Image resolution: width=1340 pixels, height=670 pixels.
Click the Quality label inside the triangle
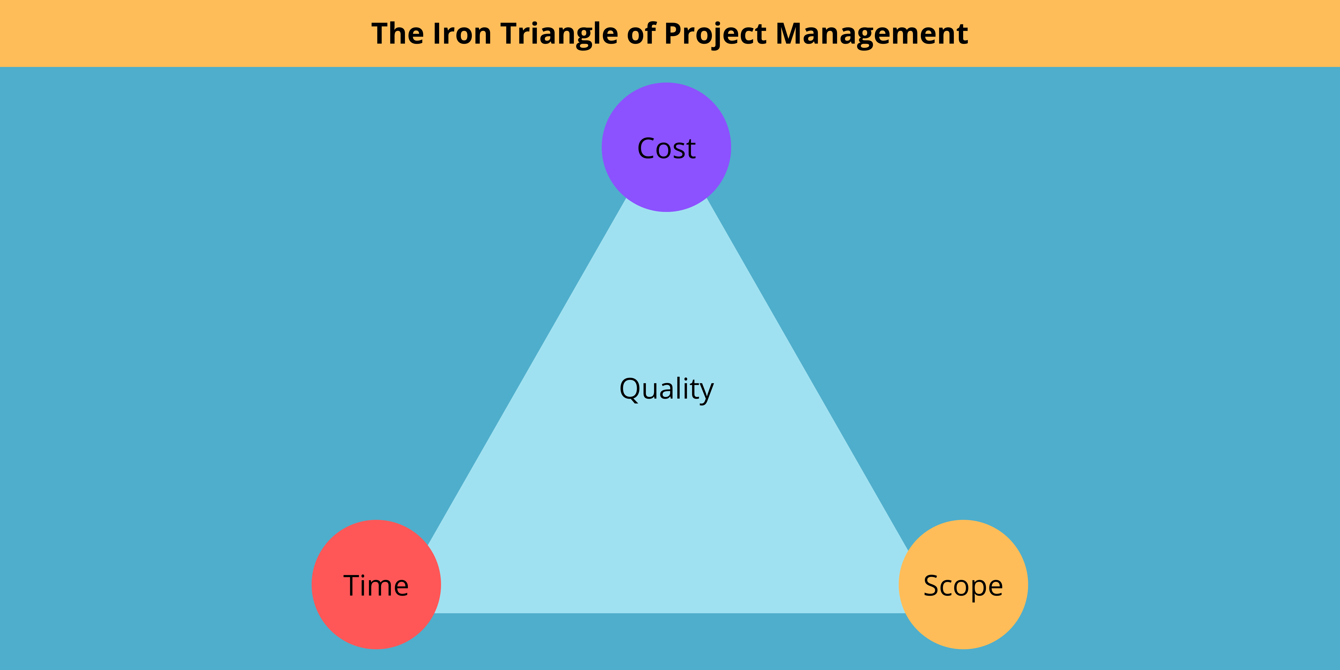click(666, 389)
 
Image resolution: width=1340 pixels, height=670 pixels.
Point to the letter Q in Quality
click(630, 389)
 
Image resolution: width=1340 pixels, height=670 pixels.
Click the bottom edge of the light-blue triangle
click(666, 612)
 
